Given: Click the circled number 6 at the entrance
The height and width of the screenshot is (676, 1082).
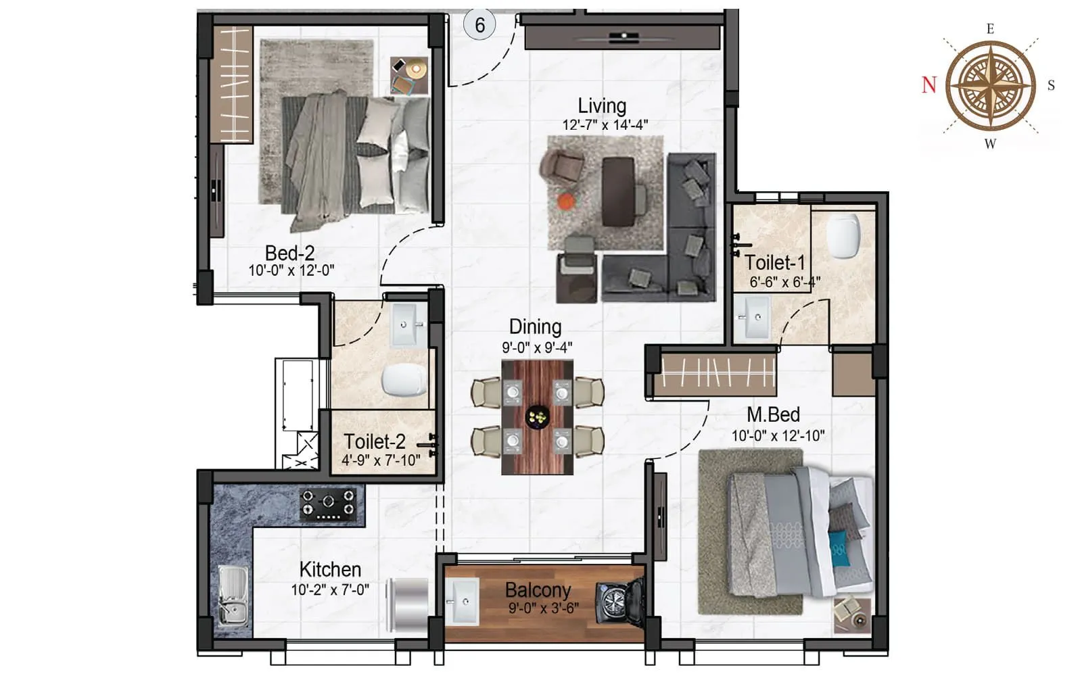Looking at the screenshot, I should [479, 26].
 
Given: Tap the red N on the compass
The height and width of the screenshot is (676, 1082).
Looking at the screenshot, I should [929, 85].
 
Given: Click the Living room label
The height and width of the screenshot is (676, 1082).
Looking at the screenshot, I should [602, 105].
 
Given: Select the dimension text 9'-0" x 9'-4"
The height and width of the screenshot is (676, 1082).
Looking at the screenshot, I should [537, 347].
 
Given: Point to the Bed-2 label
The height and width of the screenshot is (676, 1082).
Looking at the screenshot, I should [289, 253].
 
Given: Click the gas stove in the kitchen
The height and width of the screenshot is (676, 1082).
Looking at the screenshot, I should [328, 504].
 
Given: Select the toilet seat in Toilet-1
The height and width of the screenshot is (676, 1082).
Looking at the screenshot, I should [843, 237].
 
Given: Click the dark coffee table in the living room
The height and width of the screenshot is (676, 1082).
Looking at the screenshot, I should [618, 191].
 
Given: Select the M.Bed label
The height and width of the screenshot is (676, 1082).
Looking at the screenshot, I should [773, 414].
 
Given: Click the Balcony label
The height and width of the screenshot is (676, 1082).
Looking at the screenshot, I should [538, 590].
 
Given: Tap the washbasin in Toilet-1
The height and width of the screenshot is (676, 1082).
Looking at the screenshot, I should [752, 316].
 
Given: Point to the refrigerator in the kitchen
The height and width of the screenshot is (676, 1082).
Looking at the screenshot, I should [407, 602].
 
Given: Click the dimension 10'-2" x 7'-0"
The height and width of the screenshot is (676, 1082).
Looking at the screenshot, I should [330, 589].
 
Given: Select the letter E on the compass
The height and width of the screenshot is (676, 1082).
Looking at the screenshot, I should [990, 29].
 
